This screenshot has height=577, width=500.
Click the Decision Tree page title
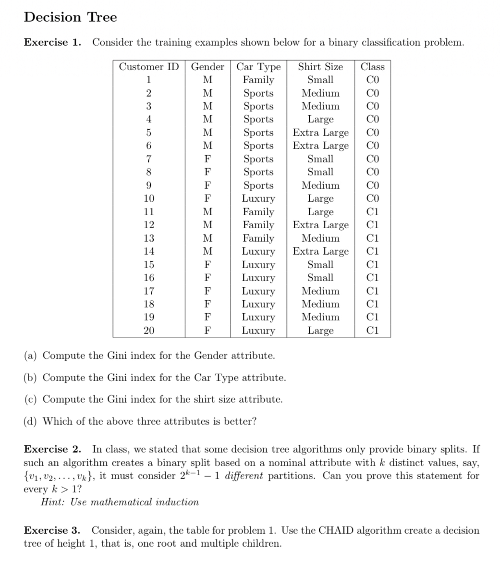click(70, 17)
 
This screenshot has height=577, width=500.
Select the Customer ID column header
click(149, 67)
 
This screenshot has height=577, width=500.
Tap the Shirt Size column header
click(320, 67)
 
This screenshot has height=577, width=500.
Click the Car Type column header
click(258, 67)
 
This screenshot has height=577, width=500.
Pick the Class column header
click(372, 67)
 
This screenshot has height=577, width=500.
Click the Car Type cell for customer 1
click(258, 80)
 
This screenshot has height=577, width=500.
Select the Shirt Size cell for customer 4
click(320, 119)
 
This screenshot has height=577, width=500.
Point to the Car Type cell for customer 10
click(258, 198)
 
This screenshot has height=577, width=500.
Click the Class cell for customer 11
click(372, 212)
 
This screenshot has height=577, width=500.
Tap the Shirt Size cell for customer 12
click(320, 225)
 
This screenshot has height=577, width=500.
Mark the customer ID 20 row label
click(149, 331)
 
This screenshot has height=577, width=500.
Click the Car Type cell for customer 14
click(258, 251)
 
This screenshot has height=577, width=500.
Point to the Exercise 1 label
click(53, 42)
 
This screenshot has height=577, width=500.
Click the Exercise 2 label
click(53, 450)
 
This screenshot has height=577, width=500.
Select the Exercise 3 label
click(53, 530)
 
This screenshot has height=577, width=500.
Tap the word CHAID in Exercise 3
click(336, 530)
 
